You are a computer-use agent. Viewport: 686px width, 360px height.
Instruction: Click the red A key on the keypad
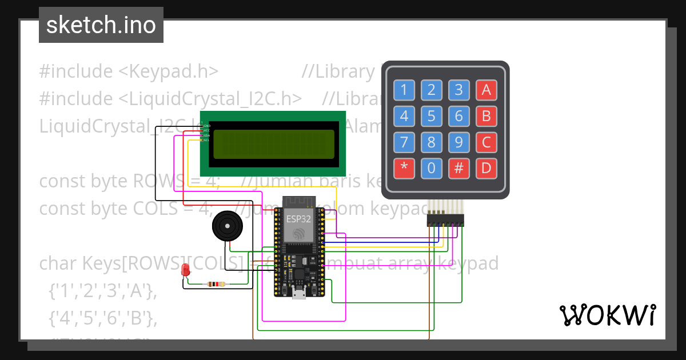click(x=486, y=90)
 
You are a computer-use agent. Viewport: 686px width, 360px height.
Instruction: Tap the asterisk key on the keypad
click(x=404, y=169)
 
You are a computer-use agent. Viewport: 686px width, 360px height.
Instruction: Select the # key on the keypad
click(x=459, y=169)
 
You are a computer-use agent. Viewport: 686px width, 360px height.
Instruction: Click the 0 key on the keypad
click(x=432, y=169)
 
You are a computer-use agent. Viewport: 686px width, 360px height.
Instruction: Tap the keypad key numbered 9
click(x=459, y=142)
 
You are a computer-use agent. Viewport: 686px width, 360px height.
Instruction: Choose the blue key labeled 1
click(x=404, y=90)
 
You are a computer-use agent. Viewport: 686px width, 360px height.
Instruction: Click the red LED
click(x=185, y=270)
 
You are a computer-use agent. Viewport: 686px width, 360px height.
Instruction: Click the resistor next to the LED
click(x=216, y=284)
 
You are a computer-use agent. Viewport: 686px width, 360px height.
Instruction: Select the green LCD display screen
click(x=273, y=145)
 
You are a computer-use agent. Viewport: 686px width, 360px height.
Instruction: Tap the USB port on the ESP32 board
click(x=298, y=294)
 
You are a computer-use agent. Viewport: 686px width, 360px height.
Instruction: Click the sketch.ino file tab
click(x=101, y=25)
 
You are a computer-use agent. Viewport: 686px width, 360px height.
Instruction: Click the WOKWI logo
click(x=607, y=315)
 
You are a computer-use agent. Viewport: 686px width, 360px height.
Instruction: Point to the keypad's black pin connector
click(x=445, y=221)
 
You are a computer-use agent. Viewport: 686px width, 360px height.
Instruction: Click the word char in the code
click(x=58, y=263)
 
